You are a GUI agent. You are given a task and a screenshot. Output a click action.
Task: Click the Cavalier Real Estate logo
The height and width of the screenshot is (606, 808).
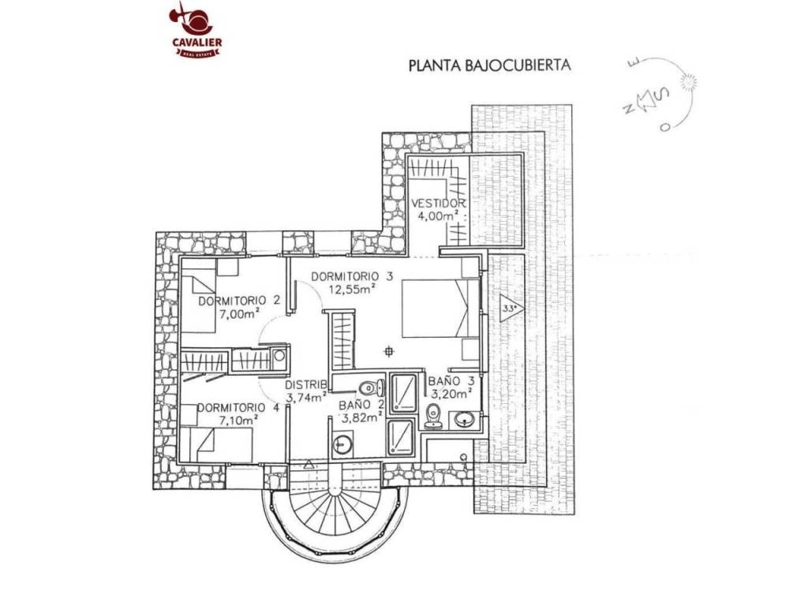pos(196,30)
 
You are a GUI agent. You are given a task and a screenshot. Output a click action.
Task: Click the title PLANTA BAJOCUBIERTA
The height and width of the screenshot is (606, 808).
pos(489,65)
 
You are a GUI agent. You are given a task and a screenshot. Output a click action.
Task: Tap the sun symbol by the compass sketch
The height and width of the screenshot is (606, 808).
pos(687,81)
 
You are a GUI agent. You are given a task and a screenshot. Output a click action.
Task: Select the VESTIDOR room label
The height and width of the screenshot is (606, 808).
pos(439,203)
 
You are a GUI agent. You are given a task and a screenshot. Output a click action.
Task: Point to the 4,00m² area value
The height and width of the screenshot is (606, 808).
pos(438,216)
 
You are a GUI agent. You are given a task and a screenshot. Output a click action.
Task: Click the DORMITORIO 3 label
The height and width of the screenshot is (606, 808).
pos(352,277)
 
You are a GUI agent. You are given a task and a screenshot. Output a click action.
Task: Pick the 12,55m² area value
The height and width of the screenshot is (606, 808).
pos(352,289)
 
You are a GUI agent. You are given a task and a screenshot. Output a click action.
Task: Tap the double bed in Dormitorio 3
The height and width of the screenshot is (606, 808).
pos(440,309)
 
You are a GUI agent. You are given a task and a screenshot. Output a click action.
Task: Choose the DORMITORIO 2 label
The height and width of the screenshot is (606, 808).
pos(239,301)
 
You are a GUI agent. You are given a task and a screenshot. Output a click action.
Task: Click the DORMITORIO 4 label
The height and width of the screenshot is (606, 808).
pos(238,408)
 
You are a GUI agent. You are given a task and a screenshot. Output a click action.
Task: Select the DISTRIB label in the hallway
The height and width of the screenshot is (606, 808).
pos(306,384)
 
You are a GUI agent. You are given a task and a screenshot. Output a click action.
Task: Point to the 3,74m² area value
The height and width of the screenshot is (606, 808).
pos(306,396)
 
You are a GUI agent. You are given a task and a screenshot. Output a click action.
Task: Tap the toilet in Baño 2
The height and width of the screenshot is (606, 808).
pos(371,387)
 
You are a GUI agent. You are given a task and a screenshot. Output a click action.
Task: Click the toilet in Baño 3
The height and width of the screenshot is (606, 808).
pos(433,416)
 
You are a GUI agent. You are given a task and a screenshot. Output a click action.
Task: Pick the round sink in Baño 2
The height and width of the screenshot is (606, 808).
pos(342,444)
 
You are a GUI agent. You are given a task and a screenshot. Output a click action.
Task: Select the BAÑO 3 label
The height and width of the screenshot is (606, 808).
pos(451,381)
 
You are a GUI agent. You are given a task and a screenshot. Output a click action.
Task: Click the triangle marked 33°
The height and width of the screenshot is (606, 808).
pos(511,309)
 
